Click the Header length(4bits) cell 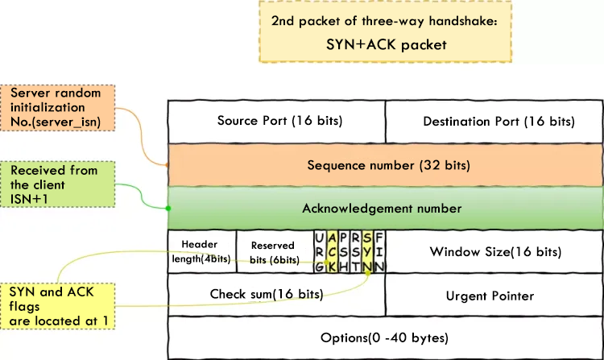[x=201, y=251]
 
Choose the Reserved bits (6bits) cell [x=275, y=251]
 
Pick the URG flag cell [x=321, y=251]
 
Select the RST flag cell [x=356, y=251]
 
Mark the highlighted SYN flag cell [x=368, y=251]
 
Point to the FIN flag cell [x=379, y=251]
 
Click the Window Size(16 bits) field [x=494, y=251]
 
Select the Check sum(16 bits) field [x=267, y=294]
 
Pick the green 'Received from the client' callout [x=60, y=184]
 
